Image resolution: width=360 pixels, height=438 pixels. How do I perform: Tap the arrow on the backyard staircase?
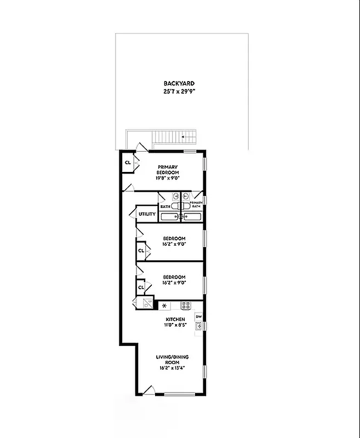pos(183,137)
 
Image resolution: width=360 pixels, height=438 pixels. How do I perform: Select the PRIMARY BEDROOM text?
pos(169,170)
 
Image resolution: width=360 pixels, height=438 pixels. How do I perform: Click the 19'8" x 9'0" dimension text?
pos(169,177)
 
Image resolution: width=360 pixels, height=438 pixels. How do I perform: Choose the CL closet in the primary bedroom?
pos(128,163)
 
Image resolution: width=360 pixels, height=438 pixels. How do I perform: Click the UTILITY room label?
pos(147,214)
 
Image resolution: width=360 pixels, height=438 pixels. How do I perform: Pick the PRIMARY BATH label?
pos(197,204)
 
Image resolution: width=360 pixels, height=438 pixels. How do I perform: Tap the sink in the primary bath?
pos(186,196)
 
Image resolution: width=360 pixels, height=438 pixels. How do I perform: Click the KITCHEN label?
pos(175,319)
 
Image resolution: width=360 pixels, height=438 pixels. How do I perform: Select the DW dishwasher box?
pos(199,316)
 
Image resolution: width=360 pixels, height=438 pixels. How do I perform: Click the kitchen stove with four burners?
pos(186,306)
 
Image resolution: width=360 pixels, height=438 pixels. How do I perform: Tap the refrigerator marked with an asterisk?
pos(163,306)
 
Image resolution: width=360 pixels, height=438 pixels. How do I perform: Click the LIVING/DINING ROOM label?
pos(175,360)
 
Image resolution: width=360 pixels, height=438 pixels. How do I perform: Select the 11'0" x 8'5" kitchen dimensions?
pos(175,326)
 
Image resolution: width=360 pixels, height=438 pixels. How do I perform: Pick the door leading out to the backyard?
pos(142,147)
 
